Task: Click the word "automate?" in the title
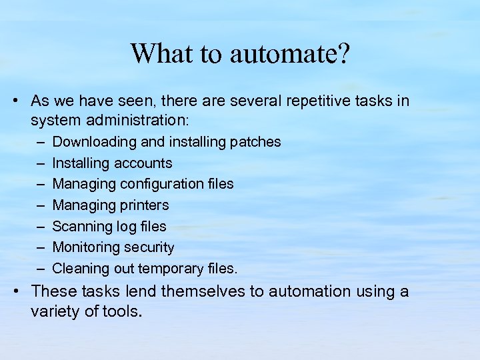click(x=289, y=54)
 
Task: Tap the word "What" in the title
click(x=156, y=53)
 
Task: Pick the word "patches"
click(x=255, y=142)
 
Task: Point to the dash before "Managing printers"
click(x=40, y=205)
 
